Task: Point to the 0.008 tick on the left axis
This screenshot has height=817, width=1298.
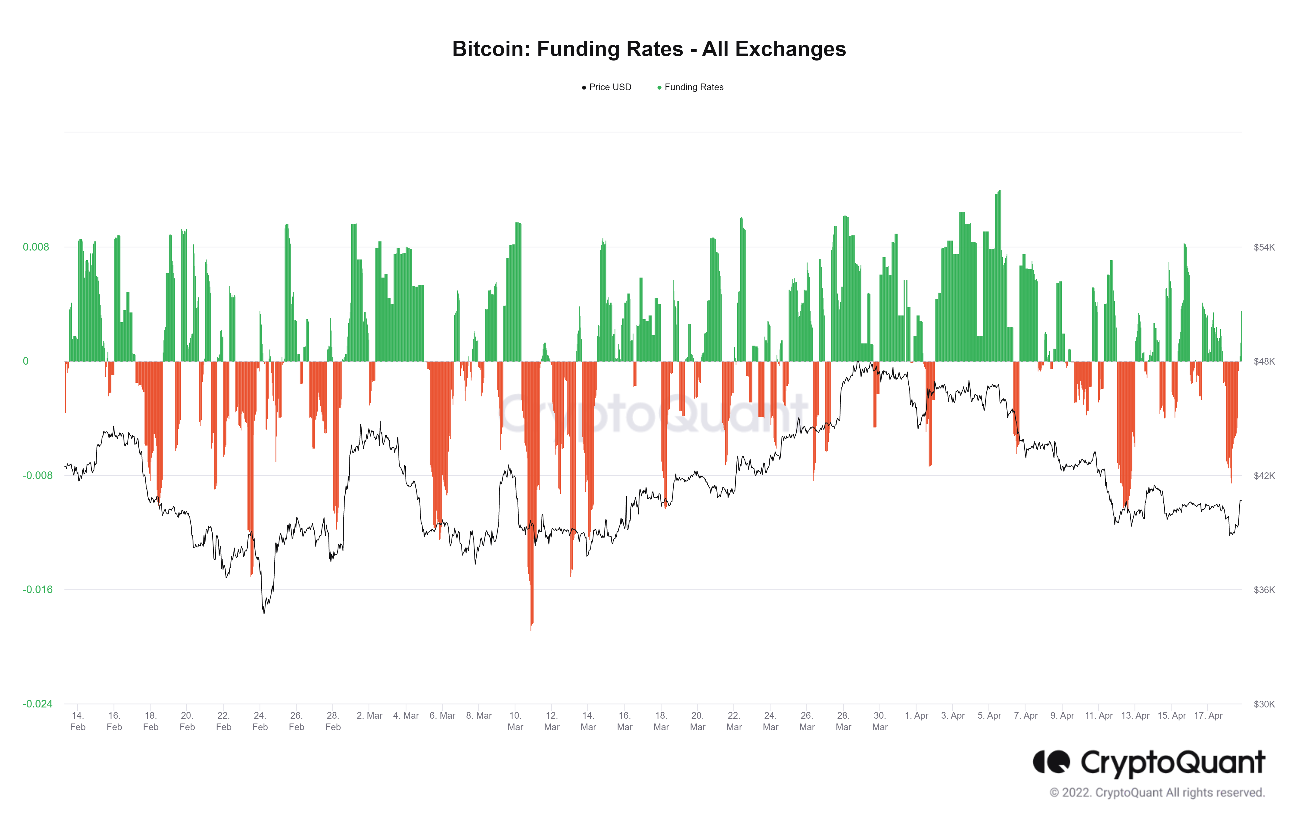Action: click(36, 247)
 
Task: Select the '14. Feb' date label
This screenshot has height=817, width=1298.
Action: click(78, 721)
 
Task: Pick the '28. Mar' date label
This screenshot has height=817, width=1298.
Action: click(843, 721)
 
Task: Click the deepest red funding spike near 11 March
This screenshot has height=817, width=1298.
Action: click(531, 628)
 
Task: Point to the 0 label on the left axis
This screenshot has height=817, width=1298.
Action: click(25, 361)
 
